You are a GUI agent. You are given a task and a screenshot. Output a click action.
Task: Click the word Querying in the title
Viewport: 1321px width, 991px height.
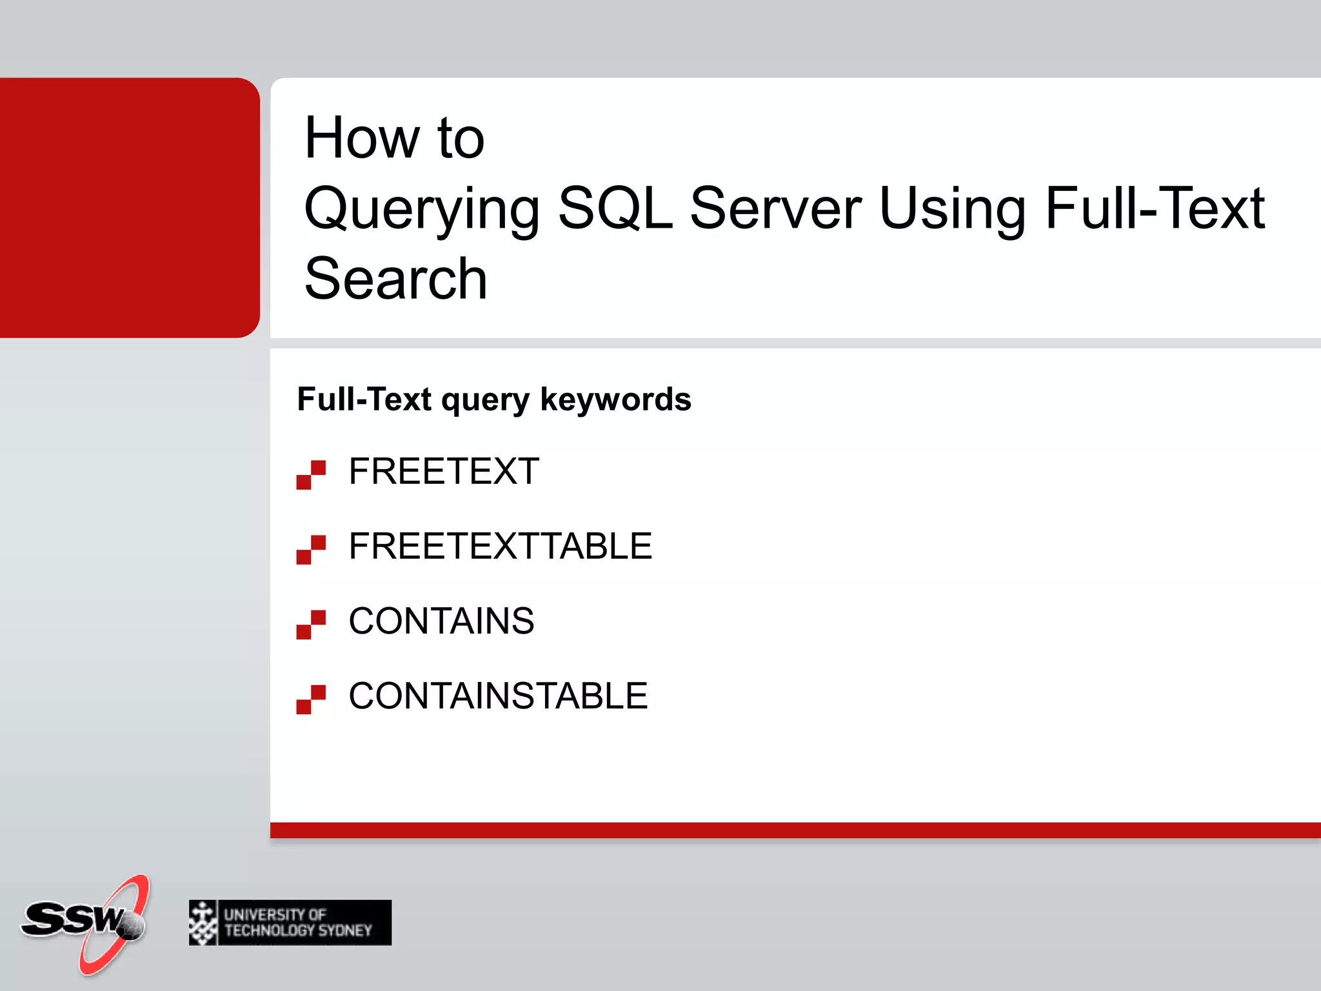point(422,209)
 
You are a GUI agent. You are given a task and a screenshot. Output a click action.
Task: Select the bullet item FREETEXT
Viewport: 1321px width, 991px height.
point(444,471)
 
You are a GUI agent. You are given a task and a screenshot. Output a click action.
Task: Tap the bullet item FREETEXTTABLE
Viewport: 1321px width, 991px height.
point(500,546)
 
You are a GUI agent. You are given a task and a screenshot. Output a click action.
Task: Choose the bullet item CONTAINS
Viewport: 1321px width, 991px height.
point(441,621)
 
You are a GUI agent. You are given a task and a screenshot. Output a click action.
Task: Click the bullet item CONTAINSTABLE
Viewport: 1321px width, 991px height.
point(498,696)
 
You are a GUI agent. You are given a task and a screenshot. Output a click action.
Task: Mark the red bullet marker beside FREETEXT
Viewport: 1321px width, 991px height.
point(311,475)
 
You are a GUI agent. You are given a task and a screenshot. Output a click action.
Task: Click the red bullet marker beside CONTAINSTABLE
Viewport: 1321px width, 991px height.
point(311,699)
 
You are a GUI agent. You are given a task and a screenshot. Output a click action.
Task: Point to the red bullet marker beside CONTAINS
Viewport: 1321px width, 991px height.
point(311,625)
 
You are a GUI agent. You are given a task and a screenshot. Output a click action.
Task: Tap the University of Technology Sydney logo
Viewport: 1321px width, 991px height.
point(290,923)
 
